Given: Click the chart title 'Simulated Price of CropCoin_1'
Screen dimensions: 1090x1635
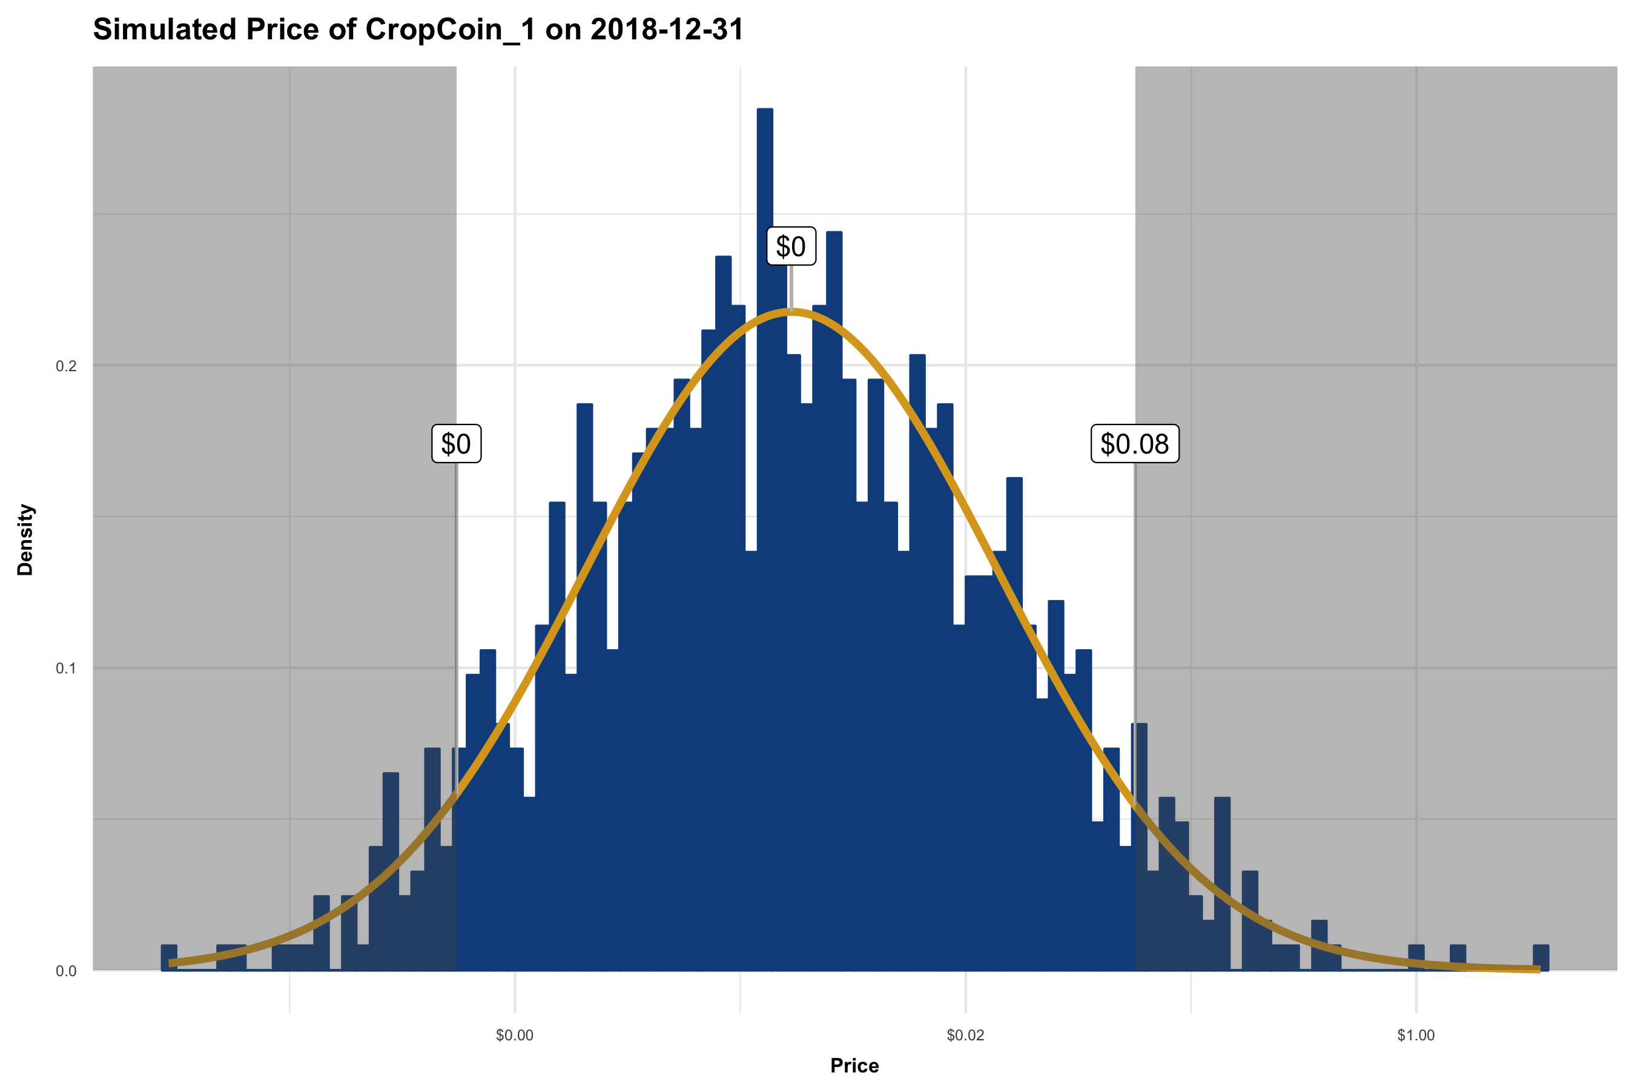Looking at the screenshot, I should (418, 30).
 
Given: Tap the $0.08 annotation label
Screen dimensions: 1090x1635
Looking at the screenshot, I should (1134, 443).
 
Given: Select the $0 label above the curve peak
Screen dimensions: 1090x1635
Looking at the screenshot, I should (790, 246).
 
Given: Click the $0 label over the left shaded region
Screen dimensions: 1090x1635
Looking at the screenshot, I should (456, 443).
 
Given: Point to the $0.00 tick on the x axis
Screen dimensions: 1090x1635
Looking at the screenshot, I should (514, 1035).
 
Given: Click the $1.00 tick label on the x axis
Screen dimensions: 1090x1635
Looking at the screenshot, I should (1415, 1035).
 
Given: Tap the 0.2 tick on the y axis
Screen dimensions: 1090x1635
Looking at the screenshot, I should (66, 366).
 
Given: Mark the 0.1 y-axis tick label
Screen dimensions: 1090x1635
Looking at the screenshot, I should (66, 669).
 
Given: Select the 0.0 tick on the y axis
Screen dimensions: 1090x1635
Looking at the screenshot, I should (66, 971).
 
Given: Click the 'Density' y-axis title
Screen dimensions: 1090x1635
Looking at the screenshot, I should (25, 540).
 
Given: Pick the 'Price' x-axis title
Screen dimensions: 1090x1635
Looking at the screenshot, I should (854, 1066).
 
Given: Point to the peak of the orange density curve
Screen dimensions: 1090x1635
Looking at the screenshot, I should (790, 312).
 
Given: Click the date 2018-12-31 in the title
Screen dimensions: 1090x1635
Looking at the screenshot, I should (667, 30).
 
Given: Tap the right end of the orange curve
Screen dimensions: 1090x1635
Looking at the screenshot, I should (1538, 969).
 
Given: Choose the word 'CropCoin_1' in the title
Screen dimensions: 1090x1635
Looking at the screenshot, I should (450, 30).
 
